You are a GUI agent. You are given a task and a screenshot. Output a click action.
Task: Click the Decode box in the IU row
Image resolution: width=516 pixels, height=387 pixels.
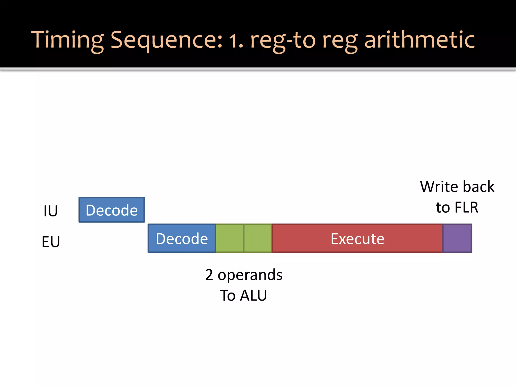point(112,210)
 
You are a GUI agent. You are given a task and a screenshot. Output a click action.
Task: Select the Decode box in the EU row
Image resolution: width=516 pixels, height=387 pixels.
point(182,238)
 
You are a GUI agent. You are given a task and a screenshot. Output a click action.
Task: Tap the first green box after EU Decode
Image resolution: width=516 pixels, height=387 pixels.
point(230,238)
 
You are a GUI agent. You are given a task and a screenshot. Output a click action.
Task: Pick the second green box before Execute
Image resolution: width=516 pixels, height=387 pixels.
point(258,238)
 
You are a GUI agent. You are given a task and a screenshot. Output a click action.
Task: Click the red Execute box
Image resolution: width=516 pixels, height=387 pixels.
point(357,238)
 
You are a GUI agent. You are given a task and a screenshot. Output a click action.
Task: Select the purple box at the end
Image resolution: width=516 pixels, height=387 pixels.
point(457,238)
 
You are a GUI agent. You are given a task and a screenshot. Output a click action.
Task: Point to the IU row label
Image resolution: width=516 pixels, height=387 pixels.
point(51,211)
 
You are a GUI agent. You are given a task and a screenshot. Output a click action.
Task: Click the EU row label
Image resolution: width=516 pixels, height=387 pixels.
point(51,242)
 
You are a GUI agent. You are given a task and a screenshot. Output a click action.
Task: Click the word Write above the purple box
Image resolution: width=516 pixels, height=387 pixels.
point(439,187)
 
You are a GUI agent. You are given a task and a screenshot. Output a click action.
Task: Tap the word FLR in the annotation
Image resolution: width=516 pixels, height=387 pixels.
point(466,207)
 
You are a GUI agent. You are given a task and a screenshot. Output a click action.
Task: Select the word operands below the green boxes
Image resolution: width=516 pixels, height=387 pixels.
point(250,275)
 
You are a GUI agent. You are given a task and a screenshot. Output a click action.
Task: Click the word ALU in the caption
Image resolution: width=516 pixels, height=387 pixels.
point(253,295)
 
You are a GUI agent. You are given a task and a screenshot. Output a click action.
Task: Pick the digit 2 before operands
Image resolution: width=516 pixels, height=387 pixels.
point(209,275)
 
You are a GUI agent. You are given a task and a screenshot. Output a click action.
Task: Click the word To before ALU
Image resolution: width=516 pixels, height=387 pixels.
point(228,295)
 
